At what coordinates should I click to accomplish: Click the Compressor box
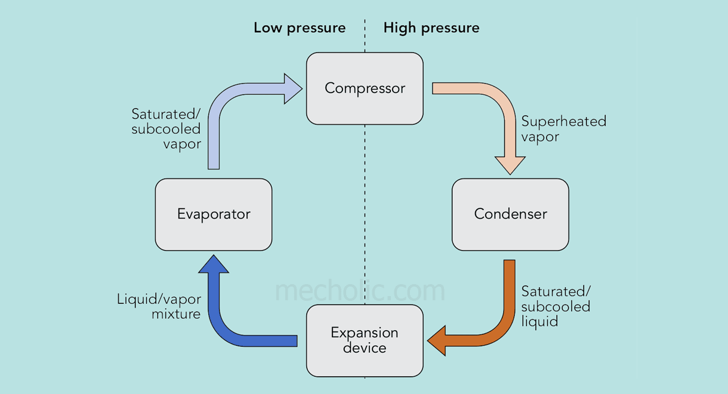pyautogui.click(x=365, y=88)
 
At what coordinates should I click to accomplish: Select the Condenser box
pyautogui.click(x=510, y=214)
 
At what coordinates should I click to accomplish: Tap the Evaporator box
pyautogui.click(x=214, y=214)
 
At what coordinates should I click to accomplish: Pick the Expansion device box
pyautogui.click(x=365, y=340)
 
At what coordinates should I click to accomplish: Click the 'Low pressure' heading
pyautogui.click(x=300, y=27)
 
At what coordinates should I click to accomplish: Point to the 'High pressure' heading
pyautogui.click(x=431, y=27)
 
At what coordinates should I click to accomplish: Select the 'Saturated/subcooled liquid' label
pyautogui.click(x=556, y=306)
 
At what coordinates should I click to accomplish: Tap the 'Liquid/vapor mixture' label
pyautogui.click(x=159, y=306)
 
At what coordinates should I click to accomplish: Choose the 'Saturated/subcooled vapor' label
pyautogui.click(x=166, y=128)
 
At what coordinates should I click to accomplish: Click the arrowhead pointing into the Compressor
pyautogui.click(x=292, y=89)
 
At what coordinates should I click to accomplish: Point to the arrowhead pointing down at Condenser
pyautogui.click(x=510, y=165)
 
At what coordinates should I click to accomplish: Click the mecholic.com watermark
pyautogui.click(x=360, y=291)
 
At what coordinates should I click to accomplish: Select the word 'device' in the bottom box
pyautogui.click(x=365, y=348)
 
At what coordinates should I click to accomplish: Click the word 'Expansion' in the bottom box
pyautogui.click(x=365, y=333)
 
